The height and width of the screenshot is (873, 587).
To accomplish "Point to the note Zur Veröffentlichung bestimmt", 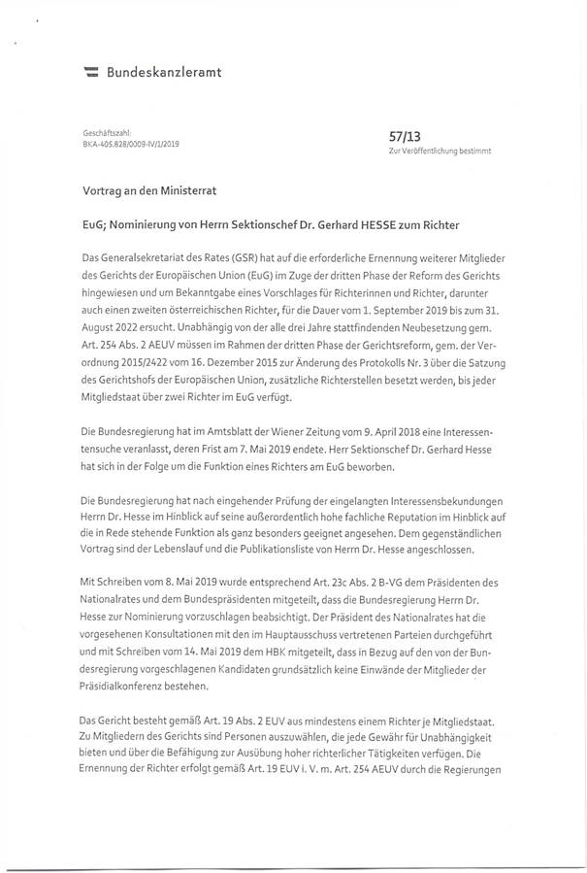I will [x=440, y=152].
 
